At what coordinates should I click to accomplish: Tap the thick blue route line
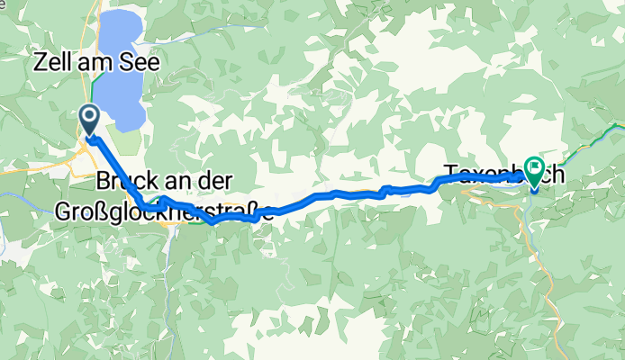coord(360,193)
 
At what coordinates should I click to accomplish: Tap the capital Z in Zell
coord(40,63)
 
